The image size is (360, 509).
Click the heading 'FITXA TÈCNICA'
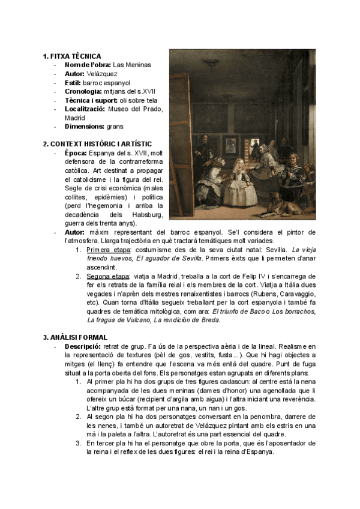(76, 56)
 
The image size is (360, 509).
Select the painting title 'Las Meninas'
(132, 65)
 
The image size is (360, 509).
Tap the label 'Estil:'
(74, 82)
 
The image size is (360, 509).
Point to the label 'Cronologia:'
(83, 91)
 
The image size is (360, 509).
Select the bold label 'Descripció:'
(82, 346)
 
